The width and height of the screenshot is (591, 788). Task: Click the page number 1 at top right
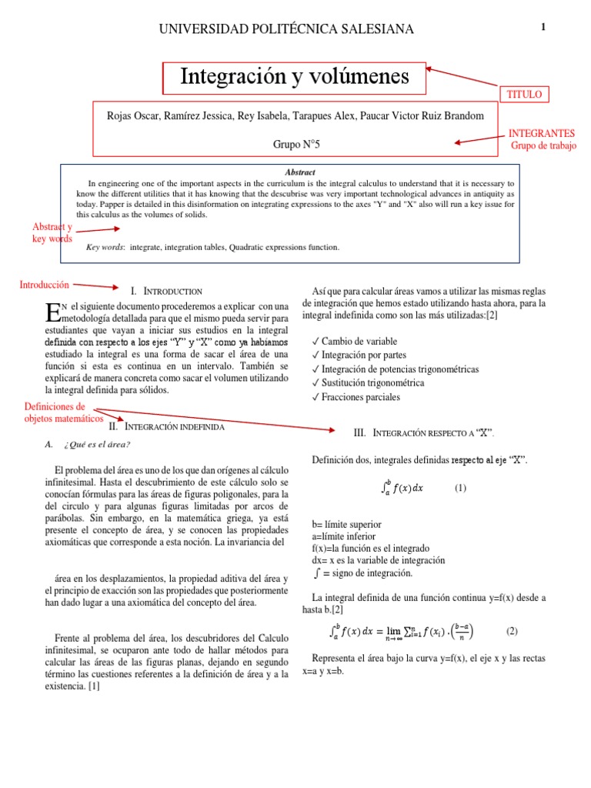click(543, 27)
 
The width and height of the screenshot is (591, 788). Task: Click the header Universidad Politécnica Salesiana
click(285, 29)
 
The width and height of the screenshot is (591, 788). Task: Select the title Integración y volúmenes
click(295, 77)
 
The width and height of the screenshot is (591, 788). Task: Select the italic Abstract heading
click(299, 172)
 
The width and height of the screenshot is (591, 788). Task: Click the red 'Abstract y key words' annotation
click(52, 232)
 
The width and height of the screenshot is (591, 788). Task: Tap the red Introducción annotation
click(44, 285)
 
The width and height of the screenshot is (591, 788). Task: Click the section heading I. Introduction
click(166, 292)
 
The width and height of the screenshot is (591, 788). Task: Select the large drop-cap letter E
click(52, 312)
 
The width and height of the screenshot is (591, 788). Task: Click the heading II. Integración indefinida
click(167, 426)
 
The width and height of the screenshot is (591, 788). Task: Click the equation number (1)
click(460, 488)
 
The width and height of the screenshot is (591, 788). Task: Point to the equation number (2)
click(512, 631)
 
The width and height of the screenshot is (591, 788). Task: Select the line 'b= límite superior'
click(346, 524)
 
